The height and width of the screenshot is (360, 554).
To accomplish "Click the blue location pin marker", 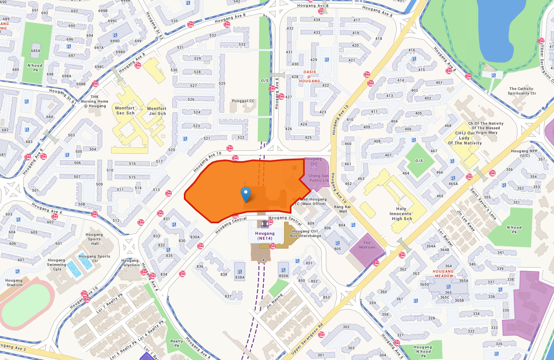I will [x=246, y=194].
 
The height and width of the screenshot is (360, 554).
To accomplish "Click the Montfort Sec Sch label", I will [x=125, y=111].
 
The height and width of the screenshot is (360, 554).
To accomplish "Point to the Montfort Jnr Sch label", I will [x=157, y=111].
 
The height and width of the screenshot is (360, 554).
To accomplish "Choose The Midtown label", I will [x=366, y=245].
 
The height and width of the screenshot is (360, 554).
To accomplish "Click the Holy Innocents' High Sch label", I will [x=402, y=214].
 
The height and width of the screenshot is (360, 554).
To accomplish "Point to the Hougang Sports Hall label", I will [x=94, y=239].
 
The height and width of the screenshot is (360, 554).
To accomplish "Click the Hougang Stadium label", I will [x=14, y=283].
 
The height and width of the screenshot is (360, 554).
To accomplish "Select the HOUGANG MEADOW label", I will [x=443, y=273].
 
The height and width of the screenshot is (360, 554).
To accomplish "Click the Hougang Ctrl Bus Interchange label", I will [x=306, y=234].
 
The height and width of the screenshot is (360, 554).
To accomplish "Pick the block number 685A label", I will [x=36, y=51].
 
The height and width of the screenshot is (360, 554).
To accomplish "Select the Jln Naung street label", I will [x=274, y=297].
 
